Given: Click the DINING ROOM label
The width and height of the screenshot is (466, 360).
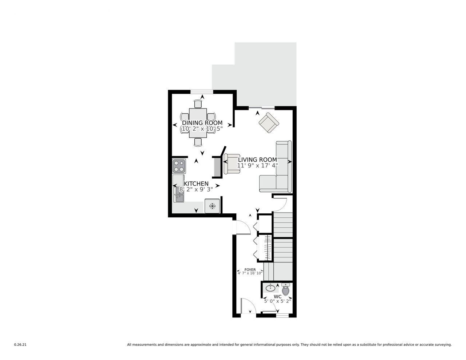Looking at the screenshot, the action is [202, 123].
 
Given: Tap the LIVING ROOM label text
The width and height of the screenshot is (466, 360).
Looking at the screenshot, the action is [257, 159].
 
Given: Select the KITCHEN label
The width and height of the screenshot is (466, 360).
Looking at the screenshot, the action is [196, 183].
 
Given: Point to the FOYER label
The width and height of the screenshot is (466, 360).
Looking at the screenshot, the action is [250, 269].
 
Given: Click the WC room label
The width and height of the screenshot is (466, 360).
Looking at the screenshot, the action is [277, 297].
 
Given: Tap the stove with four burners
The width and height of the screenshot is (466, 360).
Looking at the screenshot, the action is [179, 166].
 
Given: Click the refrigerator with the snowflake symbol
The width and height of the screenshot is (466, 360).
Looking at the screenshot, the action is [212, 206].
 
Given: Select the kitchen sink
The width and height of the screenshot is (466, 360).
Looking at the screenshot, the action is [179, 194].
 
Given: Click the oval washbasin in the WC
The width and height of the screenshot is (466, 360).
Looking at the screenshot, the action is [270, 288].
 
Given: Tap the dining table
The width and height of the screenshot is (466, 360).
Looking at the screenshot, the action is [198, 123].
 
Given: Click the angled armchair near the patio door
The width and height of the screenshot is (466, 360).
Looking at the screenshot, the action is [269, 123].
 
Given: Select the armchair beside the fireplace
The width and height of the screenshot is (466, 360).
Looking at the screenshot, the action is [232, 164].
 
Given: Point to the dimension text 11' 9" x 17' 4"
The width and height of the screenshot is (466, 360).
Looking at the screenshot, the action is [257, 165].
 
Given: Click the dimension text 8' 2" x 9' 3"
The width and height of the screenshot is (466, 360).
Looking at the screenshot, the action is [196, 189].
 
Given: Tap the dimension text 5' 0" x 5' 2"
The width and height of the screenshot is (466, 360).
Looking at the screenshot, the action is [277, 301].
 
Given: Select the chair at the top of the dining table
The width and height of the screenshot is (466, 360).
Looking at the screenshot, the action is [198, 104].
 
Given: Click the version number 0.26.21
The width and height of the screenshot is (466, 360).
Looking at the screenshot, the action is [20, 345].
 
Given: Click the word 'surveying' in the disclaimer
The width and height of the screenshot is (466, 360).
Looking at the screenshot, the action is [444, 345].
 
